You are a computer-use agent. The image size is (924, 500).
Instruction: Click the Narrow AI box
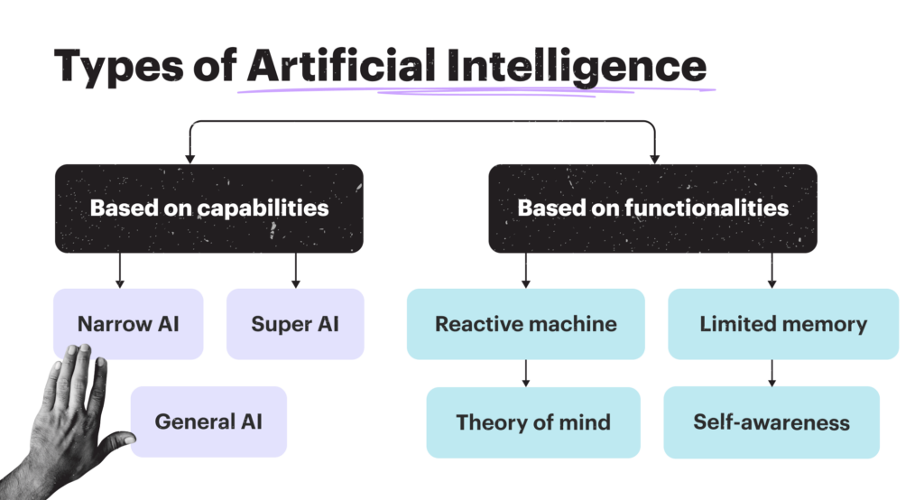128,324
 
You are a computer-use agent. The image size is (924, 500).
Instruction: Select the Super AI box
295,324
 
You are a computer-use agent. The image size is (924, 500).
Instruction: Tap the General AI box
208,421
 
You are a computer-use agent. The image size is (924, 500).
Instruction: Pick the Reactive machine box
526,324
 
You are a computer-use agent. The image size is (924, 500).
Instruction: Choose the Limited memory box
783,324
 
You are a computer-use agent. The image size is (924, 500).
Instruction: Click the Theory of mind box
533,422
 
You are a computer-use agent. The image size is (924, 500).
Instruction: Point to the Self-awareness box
772,422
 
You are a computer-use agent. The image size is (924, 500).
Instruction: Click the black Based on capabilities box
209,208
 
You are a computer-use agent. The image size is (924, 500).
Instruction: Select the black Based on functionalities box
653,208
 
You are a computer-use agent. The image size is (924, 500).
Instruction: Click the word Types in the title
118,67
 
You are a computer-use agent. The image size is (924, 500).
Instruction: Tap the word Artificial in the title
341,65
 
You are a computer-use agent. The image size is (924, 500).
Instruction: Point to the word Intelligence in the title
577,67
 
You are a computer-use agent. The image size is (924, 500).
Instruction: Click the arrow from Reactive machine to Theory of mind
526,374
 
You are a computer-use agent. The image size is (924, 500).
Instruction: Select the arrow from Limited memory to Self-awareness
772,374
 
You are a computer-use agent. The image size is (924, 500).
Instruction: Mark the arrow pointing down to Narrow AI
120,271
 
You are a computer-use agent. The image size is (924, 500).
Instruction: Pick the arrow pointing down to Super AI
296,271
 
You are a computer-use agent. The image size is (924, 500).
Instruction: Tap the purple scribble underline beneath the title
476,91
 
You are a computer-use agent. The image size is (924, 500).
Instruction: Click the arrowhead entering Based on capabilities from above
189,159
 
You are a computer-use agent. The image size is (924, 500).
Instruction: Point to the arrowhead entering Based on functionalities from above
655,159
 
